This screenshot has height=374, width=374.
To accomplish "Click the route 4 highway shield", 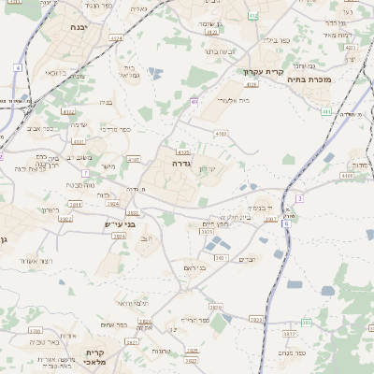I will tap(18, 68).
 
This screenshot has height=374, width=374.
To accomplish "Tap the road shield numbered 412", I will tap(254, 17).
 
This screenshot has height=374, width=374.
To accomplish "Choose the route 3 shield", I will tap(299, 198).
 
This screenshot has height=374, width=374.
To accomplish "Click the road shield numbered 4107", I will tap(134, 160).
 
